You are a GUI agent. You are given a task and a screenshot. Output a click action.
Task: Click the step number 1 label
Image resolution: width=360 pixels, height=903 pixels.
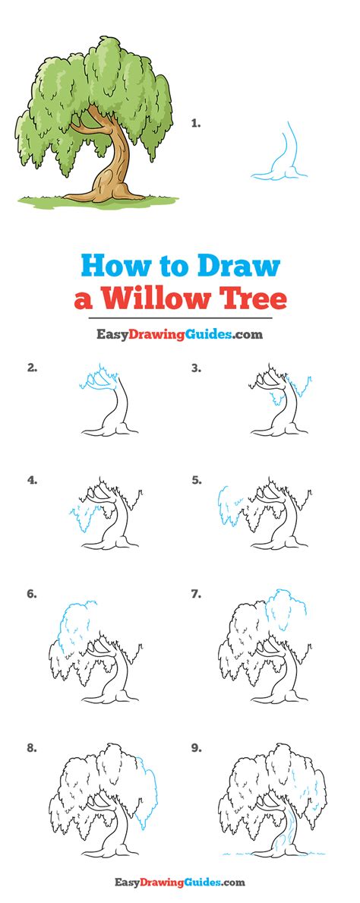tap(196, 123)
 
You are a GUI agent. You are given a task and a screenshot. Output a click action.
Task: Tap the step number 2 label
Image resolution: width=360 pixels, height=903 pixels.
tap(32, 368)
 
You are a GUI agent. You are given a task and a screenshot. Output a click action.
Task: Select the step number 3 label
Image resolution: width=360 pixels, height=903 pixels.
tap(197, 368)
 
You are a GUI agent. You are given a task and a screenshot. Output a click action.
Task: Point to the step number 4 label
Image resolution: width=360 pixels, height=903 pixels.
tap(32, 479)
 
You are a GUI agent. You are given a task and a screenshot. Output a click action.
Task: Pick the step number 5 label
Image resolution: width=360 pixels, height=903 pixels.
tap(197, 479)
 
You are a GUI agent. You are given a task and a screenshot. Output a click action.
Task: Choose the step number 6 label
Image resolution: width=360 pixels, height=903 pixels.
tap(32, 594)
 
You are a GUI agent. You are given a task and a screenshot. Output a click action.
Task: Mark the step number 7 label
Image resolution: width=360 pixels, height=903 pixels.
tap(197, 594)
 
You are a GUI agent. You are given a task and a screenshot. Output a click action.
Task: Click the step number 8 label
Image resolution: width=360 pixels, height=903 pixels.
tap(32, 748)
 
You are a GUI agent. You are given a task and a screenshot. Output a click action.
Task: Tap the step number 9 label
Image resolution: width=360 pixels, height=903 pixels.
tap(197, 748)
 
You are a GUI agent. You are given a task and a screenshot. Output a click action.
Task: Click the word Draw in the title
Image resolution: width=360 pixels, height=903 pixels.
tap(238, 267)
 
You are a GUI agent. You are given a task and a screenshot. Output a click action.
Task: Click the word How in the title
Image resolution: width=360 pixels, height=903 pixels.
tap(113, 267)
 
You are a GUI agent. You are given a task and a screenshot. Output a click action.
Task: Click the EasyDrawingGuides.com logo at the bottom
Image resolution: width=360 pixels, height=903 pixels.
tap(180, 882)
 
